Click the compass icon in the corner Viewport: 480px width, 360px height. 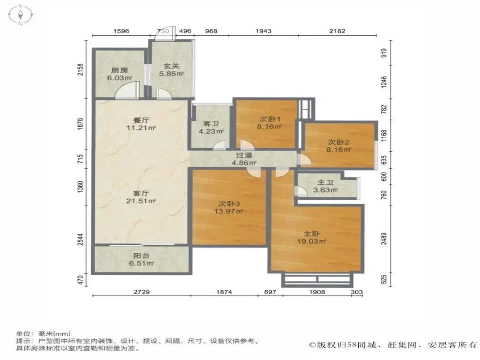point(21,14)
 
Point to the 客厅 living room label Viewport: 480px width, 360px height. point(142,193)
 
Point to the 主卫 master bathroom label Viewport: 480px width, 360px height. point(327,182)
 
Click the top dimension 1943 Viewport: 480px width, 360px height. point(263,31)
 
